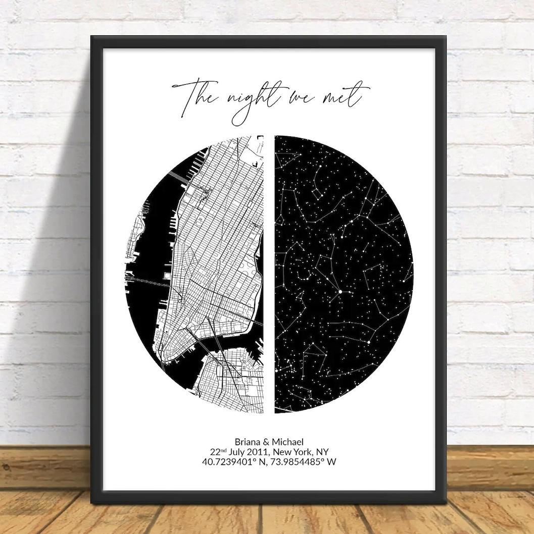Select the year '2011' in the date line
[271, 452]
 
